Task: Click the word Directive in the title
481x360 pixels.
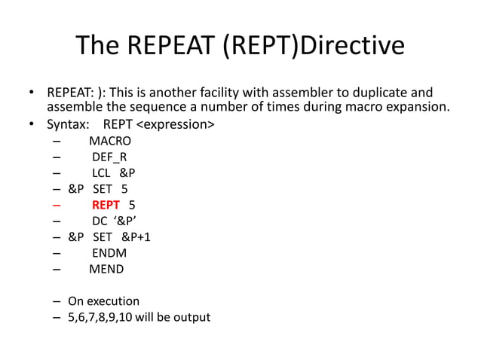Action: click(351, 47)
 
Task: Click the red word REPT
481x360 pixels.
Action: click(106, 205)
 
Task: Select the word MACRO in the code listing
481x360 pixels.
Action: click(110, 141)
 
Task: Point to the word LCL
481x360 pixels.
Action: click(101, 173)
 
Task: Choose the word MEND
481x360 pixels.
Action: click(106, 269)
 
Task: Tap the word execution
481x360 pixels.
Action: click(113, 301)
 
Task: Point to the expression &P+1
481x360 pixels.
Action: click(136, 237)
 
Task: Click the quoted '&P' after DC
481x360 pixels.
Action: click(125, 221)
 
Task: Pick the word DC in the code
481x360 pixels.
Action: click(100, 221)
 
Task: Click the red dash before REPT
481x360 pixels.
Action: click(57, 205)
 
